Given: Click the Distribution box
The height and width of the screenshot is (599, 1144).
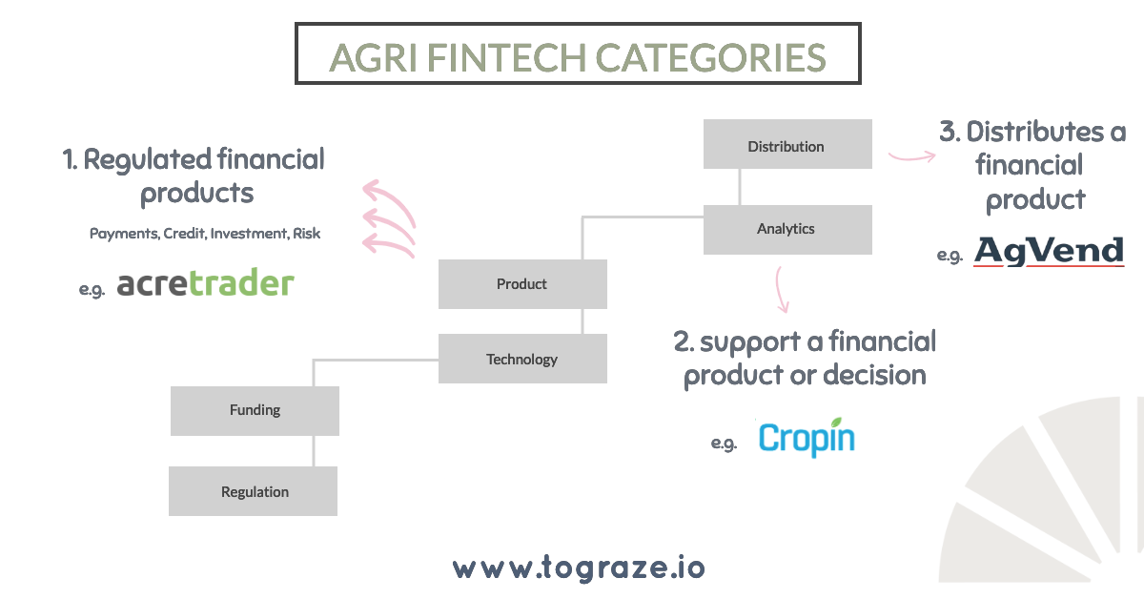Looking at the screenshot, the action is pos(787,144).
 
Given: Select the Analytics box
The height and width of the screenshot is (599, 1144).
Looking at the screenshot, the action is pos(787,230).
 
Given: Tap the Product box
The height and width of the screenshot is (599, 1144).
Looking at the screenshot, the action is pos(522,284).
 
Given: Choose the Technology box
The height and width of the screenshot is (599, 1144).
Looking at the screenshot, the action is pos(522,359).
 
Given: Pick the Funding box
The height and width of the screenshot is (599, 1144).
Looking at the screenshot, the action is pos(255,411).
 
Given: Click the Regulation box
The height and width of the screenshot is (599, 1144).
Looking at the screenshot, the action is pos(253,491).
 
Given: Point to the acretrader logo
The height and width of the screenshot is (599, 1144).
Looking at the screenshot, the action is pos(205,283).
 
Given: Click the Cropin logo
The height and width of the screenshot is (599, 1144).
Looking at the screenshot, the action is pos(807,438).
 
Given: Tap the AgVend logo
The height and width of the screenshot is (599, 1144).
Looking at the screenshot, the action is pos(1049,252).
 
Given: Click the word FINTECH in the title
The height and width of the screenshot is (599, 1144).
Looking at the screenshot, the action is pos(506,58).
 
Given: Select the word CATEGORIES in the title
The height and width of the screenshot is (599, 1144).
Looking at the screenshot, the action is pos(710,58).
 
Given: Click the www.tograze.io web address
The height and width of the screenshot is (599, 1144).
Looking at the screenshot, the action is pos(579,568).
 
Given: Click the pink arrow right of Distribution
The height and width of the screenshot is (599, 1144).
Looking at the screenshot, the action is pos(912,157).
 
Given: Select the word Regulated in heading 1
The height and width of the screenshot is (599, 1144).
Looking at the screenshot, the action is pos(148,160).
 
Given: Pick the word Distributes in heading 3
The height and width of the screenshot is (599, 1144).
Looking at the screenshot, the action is pos(1034,133).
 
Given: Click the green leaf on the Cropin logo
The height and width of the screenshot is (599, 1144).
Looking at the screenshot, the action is pos(836,423).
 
